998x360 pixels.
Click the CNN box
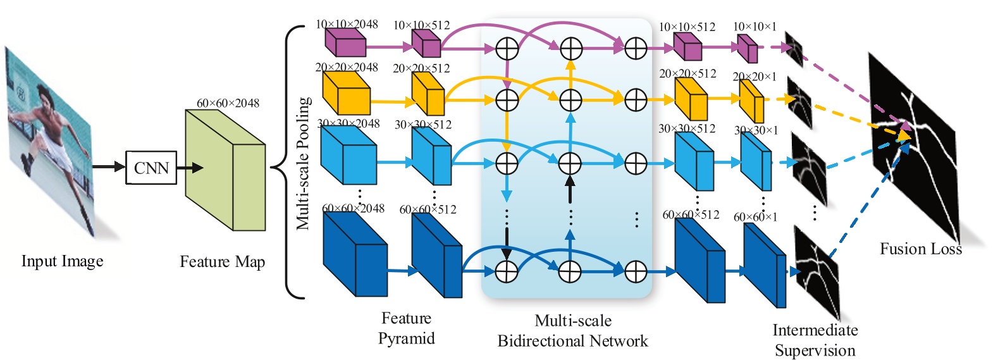click(151, 168)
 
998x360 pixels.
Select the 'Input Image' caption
click(62, 261)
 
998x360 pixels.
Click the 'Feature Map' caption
click(222, 262)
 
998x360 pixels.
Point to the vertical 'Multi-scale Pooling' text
click(304, 163)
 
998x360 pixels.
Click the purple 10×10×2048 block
click(345, 43)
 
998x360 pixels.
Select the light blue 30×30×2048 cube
click(348, 155)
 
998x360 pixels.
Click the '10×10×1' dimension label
click(754, 27)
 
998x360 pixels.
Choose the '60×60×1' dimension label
click(755, 217)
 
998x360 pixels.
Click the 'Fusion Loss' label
click(920, 249)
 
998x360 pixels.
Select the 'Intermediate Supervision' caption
click(815, 340)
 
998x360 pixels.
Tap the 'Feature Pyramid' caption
click(406, 328)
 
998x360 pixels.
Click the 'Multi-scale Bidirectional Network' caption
click(572, 331)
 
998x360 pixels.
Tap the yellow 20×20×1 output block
click(751, 101)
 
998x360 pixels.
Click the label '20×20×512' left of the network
click(421, 68)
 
